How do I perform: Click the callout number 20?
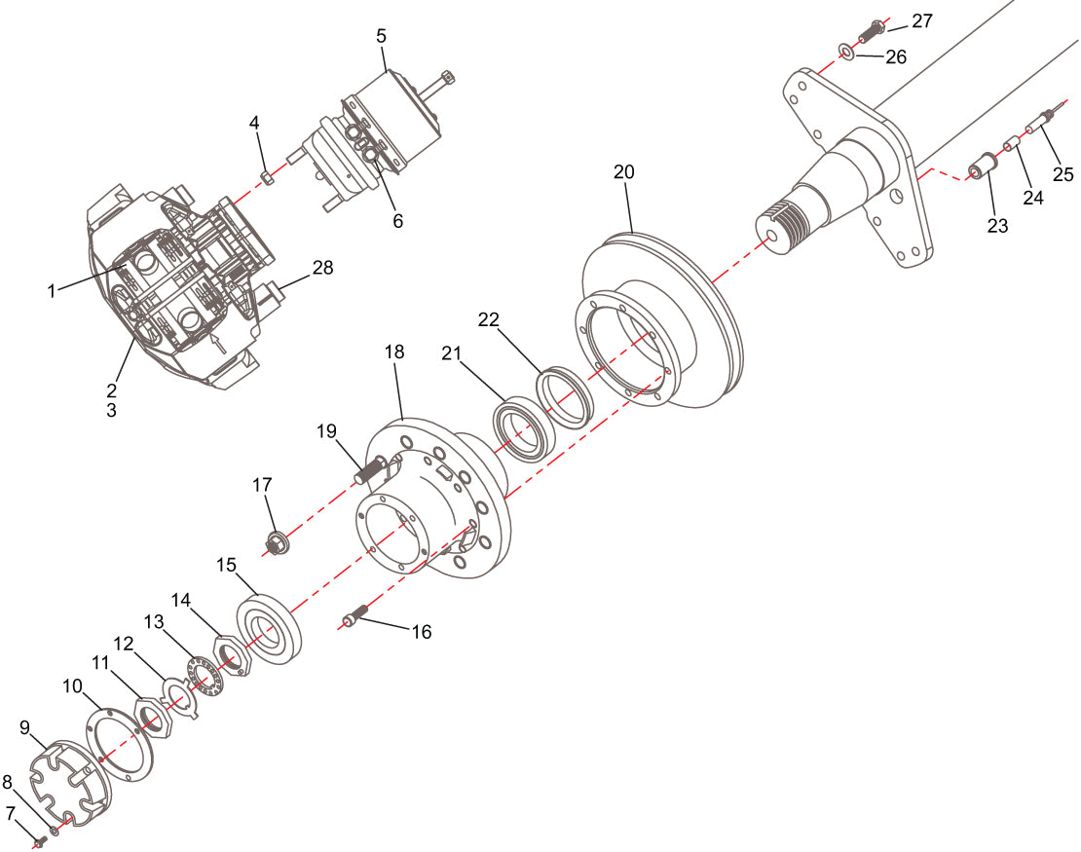(x=623, y=172)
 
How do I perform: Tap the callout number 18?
(x=394, y=352)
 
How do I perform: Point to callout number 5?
(x=382, y=36)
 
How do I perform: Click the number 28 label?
(x=322, y=268)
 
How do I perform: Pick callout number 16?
(x=421, y=632)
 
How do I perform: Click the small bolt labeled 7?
(x=40, y=840)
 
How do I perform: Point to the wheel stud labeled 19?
(x=367, y=476)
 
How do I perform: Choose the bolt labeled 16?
(x=354, y=616)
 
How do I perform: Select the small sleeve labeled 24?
(x=1011, y=147)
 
